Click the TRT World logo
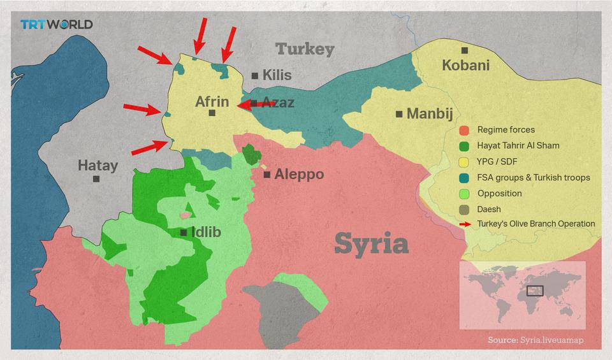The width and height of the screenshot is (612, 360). (x=56, y=24)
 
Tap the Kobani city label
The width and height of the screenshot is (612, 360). (x=465, y=65)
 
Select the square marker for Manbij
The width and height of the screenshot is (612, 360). (x=399, y=114)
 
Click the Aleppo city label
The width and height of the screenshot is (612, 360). (x=298, y=174)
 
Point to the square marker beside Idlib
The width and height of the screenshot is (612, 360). (x=184, y=233)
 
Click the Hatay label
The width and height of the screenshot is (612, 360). (x=98, y=166)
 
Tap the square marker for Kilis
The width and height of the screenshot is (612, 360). (x=255, y=75)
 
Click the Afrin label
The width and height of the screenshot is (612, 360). (x=212, y=101)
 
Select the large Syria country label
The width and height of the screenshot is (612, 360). (x=371, y=244)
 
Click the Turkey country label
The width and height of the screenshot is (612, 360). (x=305, y=49)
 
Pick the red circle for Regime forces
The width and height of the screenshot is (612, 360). (x=464, y=130)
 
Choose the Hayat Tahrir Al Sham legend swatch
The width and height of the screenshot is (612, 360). (x=464, y=146)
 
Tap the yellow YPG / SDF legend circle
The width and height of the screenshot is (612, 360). (x=464, y=162)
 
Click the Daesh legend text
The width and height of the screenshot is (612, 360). (x=489, y=209)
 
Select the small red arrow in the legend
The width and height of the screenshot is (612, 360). (x=465, y=224)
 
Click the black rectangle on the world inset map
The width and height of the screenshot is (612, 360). (x=535, y=291)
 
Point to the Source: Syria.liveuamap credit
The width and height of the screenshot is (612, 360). (x=535, y=340)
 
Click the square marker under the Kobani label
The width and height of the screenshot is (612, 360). (x=465, y=50)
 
